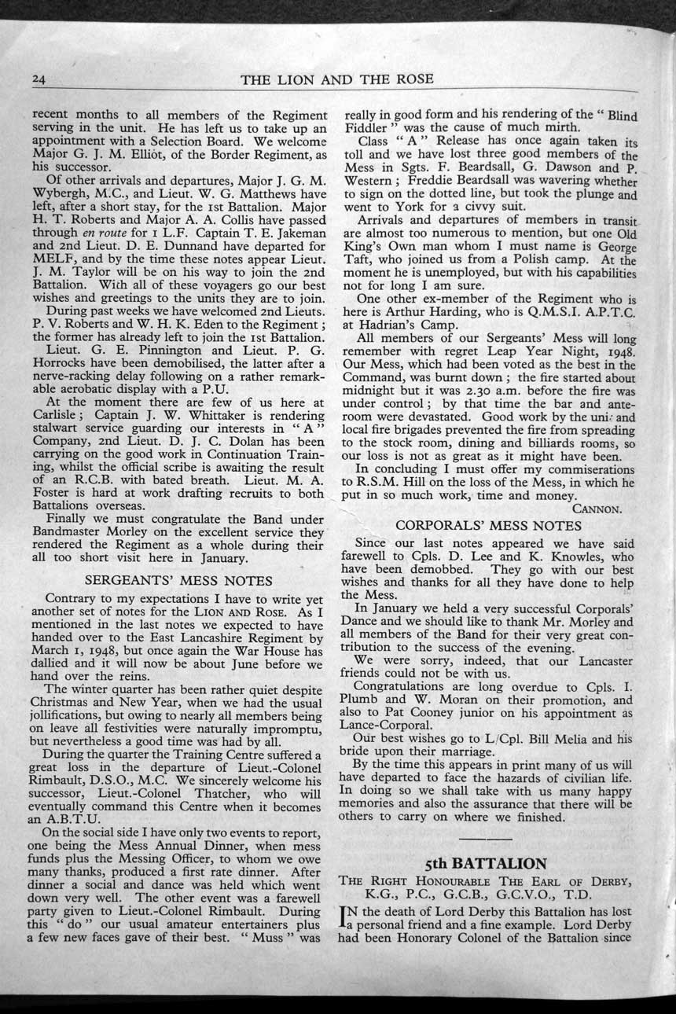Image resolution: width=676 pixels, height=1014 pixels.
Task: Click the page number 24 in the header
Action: (40, 79)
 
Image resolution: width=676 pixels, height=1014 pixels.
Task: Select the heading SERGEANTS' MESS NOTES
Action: (178, 581)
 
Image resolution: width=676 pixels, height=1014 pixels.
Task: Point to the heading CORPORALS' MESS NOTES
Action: (488, 524)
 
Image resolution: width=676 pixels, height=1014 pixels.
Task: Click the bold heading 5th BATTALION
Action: (486, 863)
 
